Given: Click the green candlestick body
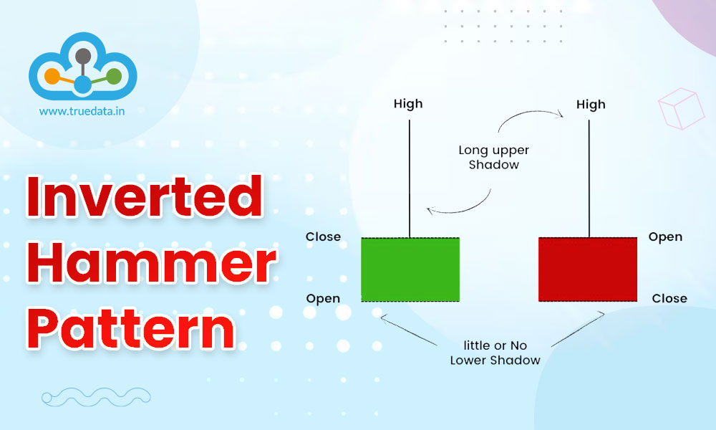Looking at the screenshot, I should (x=410, y=269).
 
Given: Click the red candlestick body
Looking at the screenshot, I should (x=587, y=269).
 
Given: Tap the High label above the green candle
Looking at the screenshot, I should (x=408, y=104).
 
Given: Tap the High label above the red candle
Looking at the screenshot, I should (x=591, y=105).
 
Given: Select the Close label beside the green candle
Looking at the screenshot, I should (x=323, y=236).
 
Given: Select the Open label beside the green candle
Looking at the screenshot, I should (x=323, y=298).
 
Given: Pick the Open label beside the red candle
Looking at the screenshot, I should (x=665, y=236).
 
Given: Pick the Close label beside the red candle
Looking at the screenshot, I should (x=669, y=298).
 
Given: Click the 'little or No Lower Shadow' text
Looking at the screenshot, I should (x=495, y=353).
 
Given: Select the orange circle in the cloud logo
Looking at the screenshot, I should (x=52, y=75).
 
